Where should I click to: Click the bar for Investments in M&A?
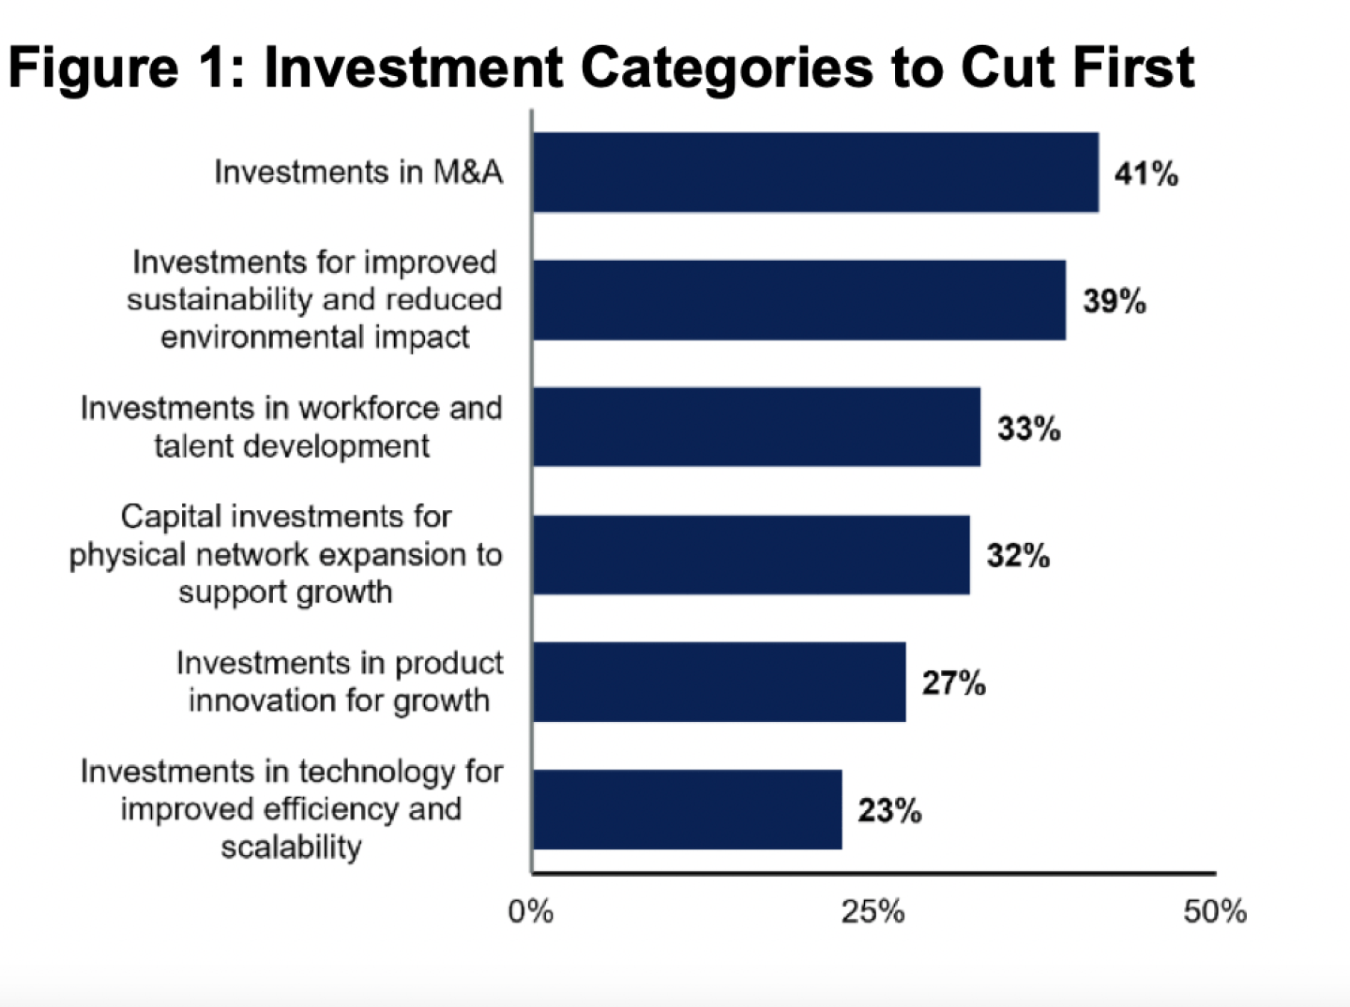pyautogui.click(x=815, y=173)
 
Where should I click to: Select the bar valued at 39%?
pyautogui.click(x=798, y=300)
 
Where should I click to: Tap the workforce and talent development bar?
pyautogui.click(x=756, y=428)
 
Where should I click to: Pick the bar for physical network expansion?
pyautogui.click(x=751, y=555)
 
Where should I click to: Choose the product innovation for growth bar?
pyautogui.click(x=719, y=683)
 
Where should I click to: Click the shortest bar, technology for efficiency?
pyautogui.click(x=687, y=810)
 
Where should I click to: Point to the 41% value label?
pyautogui.click(x=1145, y=173)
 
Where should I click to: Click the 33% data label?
pyautogui.click(x=1028, y=428)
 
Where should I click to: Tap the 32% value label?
pyautogui.click(x=1017, y=556)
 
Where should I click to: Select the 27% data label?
pyautogui.click(x=953, y=684)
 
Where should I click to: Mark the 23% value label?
pyautogui.click(x=888, y=810)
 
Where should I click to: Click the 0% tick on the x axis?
pyautogui.click(x=531, y=911)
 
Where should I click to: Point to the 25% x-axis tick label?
pyautogui.click(x=872, y=911)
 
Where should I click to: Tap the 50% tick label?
pyautogui.click(x=1214, y=911)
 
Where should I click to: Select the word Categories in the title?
pyautogui.click(x=726, y=68)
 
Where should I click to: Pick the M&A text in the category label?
pyautogui.click(x=467, y=173)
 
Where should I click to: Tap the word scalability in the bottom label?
pyautogui.click(x=291, y=847)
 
